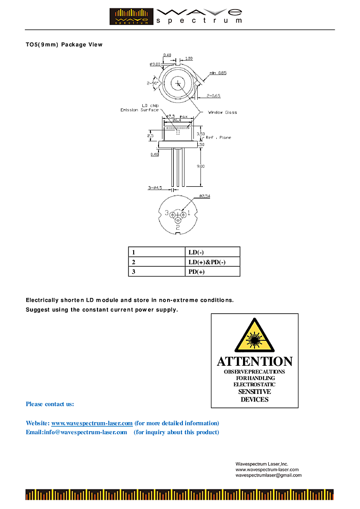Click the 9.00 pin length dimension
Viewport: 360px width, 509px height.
click(201, 166)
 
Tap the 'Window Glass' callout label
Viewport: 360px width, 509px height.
click(222, 113)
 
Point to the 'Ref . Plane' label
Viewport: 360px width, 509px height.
click(218, 138)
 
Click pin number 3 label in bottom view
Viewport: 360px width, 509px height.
click(166, 212)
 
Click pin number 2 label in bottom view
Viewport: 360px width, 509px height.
click(178, 227)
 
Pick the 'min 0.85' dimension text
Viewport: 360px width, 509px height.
click(217, 73)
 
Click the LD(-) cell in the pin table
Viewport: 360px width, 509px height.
click(196, 252)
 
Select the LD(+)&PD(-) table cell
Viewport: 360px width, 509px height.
click(207, 262)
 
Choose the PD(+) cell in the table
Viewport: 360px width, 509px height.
click(197, 272)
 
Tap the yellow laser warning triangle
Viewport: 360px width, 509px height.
click(254, 336)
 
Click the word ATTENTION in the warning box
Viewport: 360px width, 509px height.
click(254, 361)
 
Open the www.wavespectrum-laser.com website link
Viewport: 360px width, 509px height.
click(92, 423)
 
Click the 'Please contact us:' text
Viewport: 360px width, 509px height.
click(50, 404)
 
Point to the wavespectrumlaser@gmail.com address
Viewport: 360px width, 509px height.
click(268, 475)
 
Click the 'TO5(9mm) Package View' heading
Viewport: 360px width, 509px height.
click(64, 45)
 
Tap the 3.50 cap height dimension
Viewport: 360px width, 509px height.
click(201, 134)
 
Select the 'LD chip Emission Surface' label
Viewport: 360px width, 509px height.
click(139, 108)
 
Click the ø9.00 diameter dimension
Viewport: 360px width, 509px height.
click(155, 64)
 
